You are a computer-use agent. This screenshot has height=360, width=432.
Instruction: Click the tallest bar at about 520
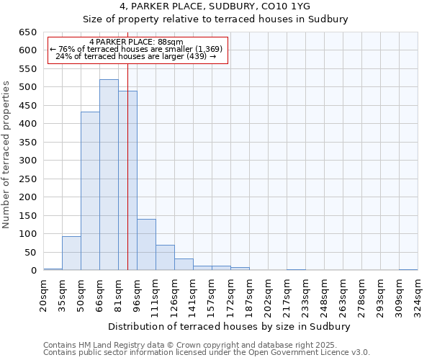coord(109,175)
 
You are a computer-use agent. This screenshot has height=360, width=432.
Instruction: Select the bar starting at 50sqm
coord(90,191)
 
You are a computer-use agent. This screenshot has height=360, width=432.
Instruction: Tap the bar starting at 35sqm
coord(71,253)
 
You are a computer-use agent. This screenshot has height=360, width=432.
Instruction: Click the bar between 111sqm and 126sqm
coord(165,258)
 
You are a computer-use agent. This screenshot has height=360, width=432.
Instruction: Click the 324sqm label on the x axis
coord(418,294)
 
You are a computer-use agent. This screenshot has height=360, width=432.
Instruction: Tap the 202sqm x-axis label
coord(268,294)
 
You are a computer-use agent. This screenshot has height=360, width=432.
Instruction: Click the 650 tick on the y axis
coord(28,32)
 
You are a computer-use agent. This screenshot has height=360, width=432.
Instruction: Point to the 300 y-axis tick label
coord(28,161)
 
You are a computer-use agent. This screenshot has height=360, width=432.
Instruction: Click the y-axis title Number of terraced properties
coord(7,154)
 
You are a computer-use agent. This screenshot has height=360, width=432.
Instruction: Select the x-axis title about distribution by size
coord(230,326)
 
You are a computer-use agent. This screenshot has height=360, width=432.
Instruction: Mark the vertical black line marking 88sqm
coord(127,180)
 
